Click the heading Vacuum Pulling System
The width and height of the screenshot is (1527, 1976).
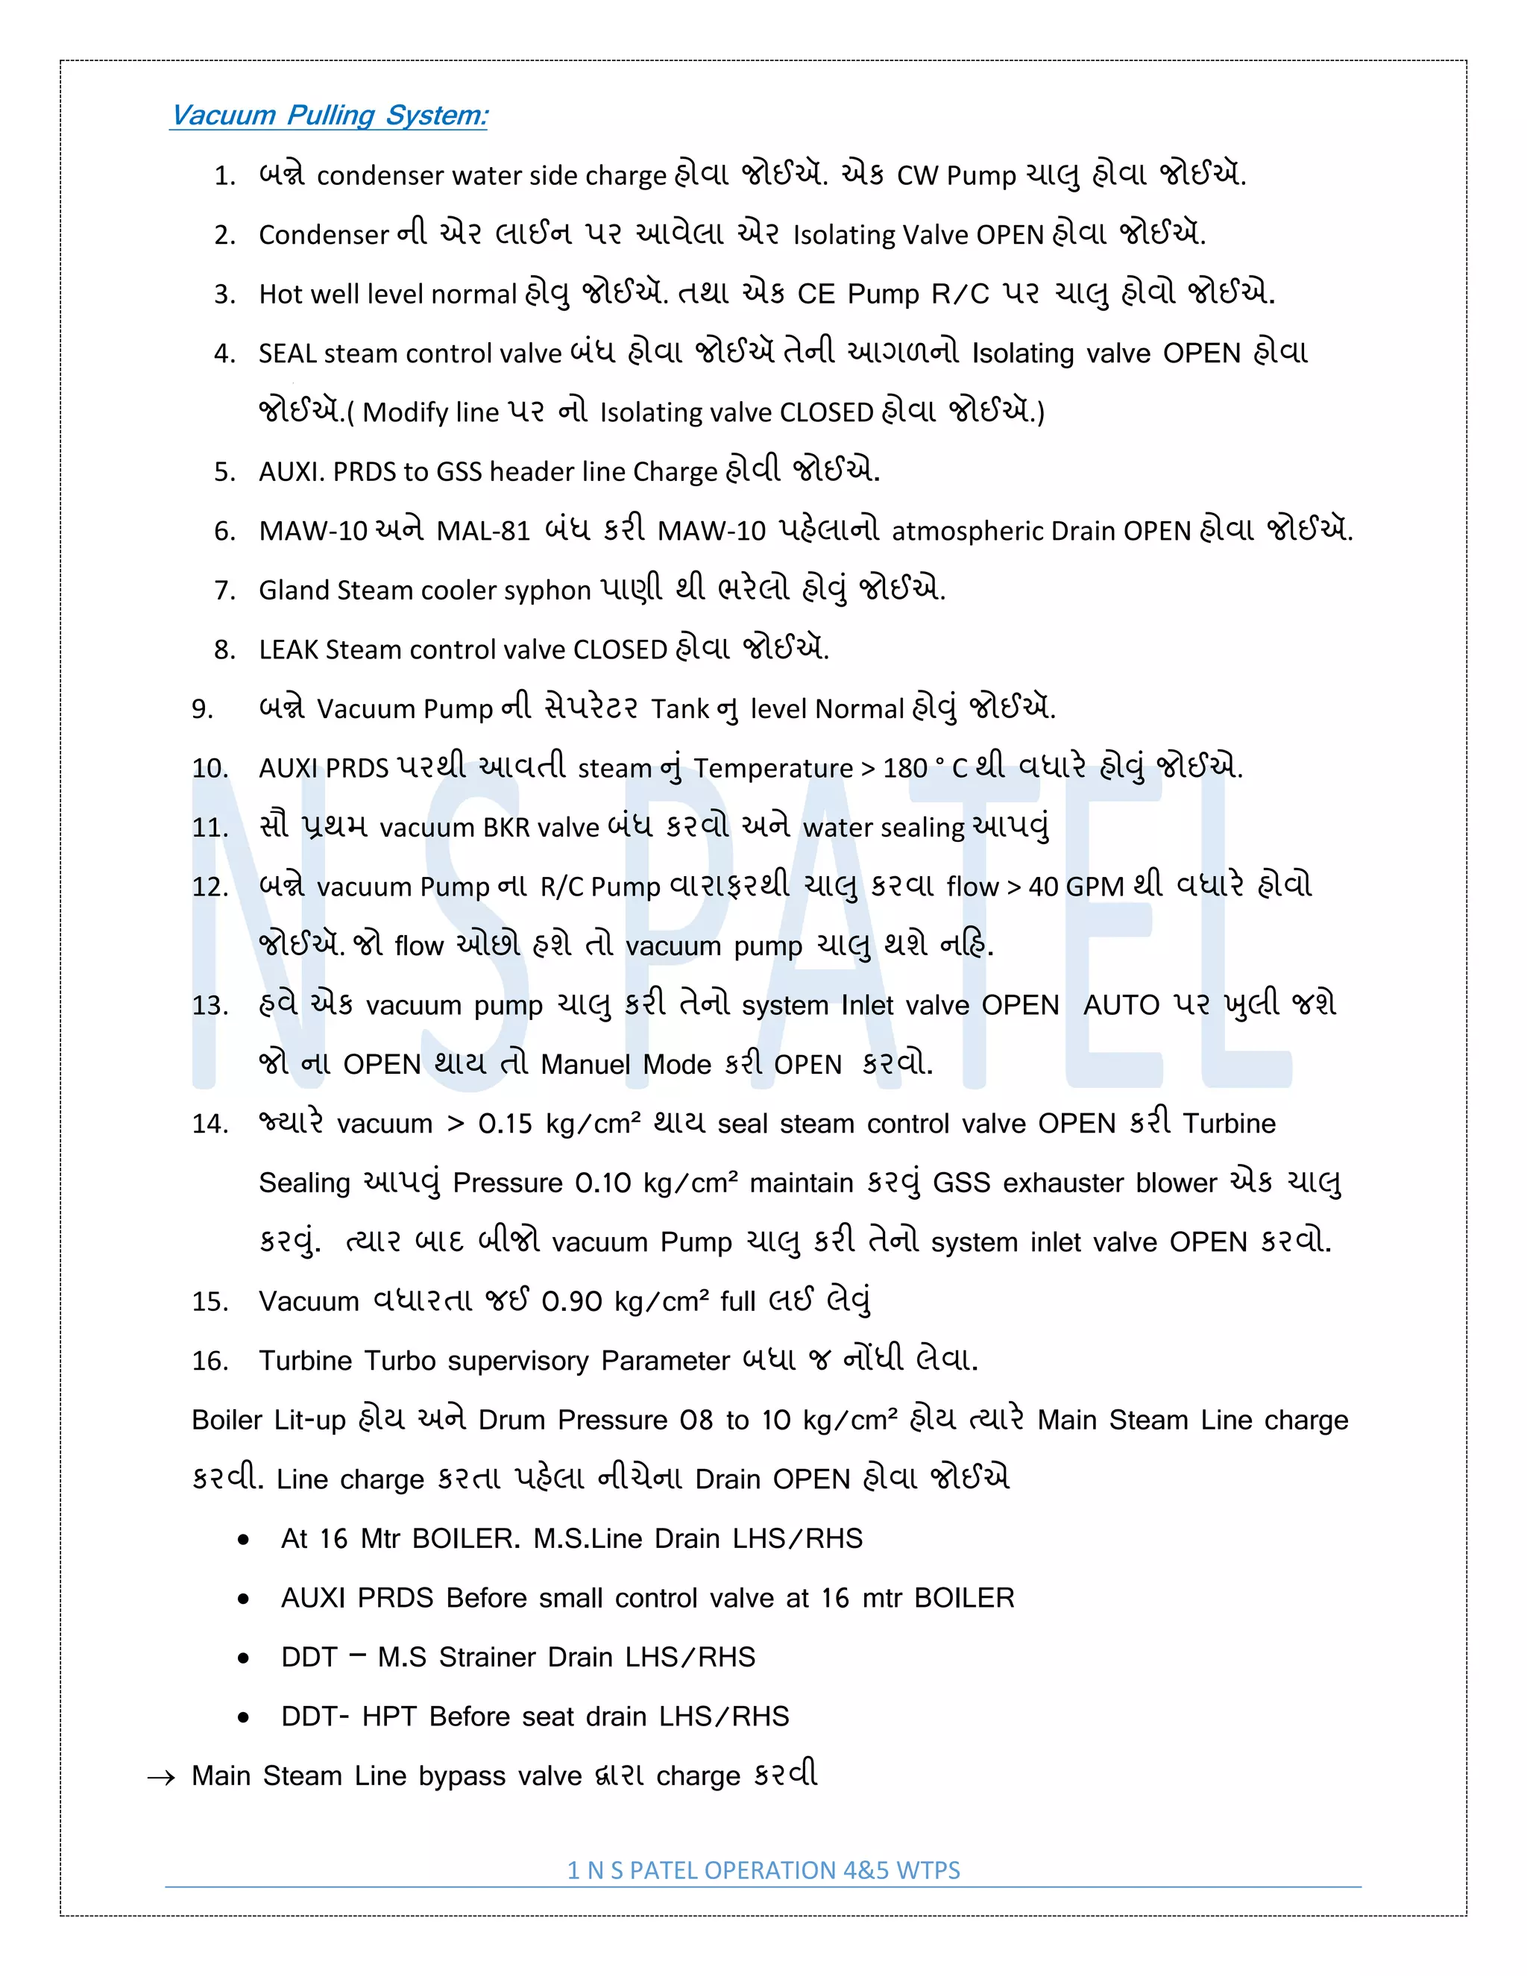click(x=330, y=116)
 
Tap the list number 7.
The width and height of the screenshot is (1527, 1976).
click(x=224, y=591)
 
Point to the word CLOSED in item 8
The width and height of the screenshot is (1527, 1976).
click(x=620, y=649)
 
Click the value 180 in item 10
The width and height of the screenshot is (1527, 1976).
click(x=904, y=768)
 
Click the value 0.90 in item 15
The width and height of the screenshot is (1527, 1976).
click(x=571, y=1302)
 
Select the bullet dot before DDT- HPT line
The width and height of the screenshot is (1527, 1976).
click(x=243, y=1717)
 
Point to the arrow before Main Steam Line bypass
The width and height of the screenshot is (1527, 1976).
click(x=161, y=1778)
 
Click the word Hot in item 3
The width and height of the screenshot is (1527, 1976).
click(x=279, y=294)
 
